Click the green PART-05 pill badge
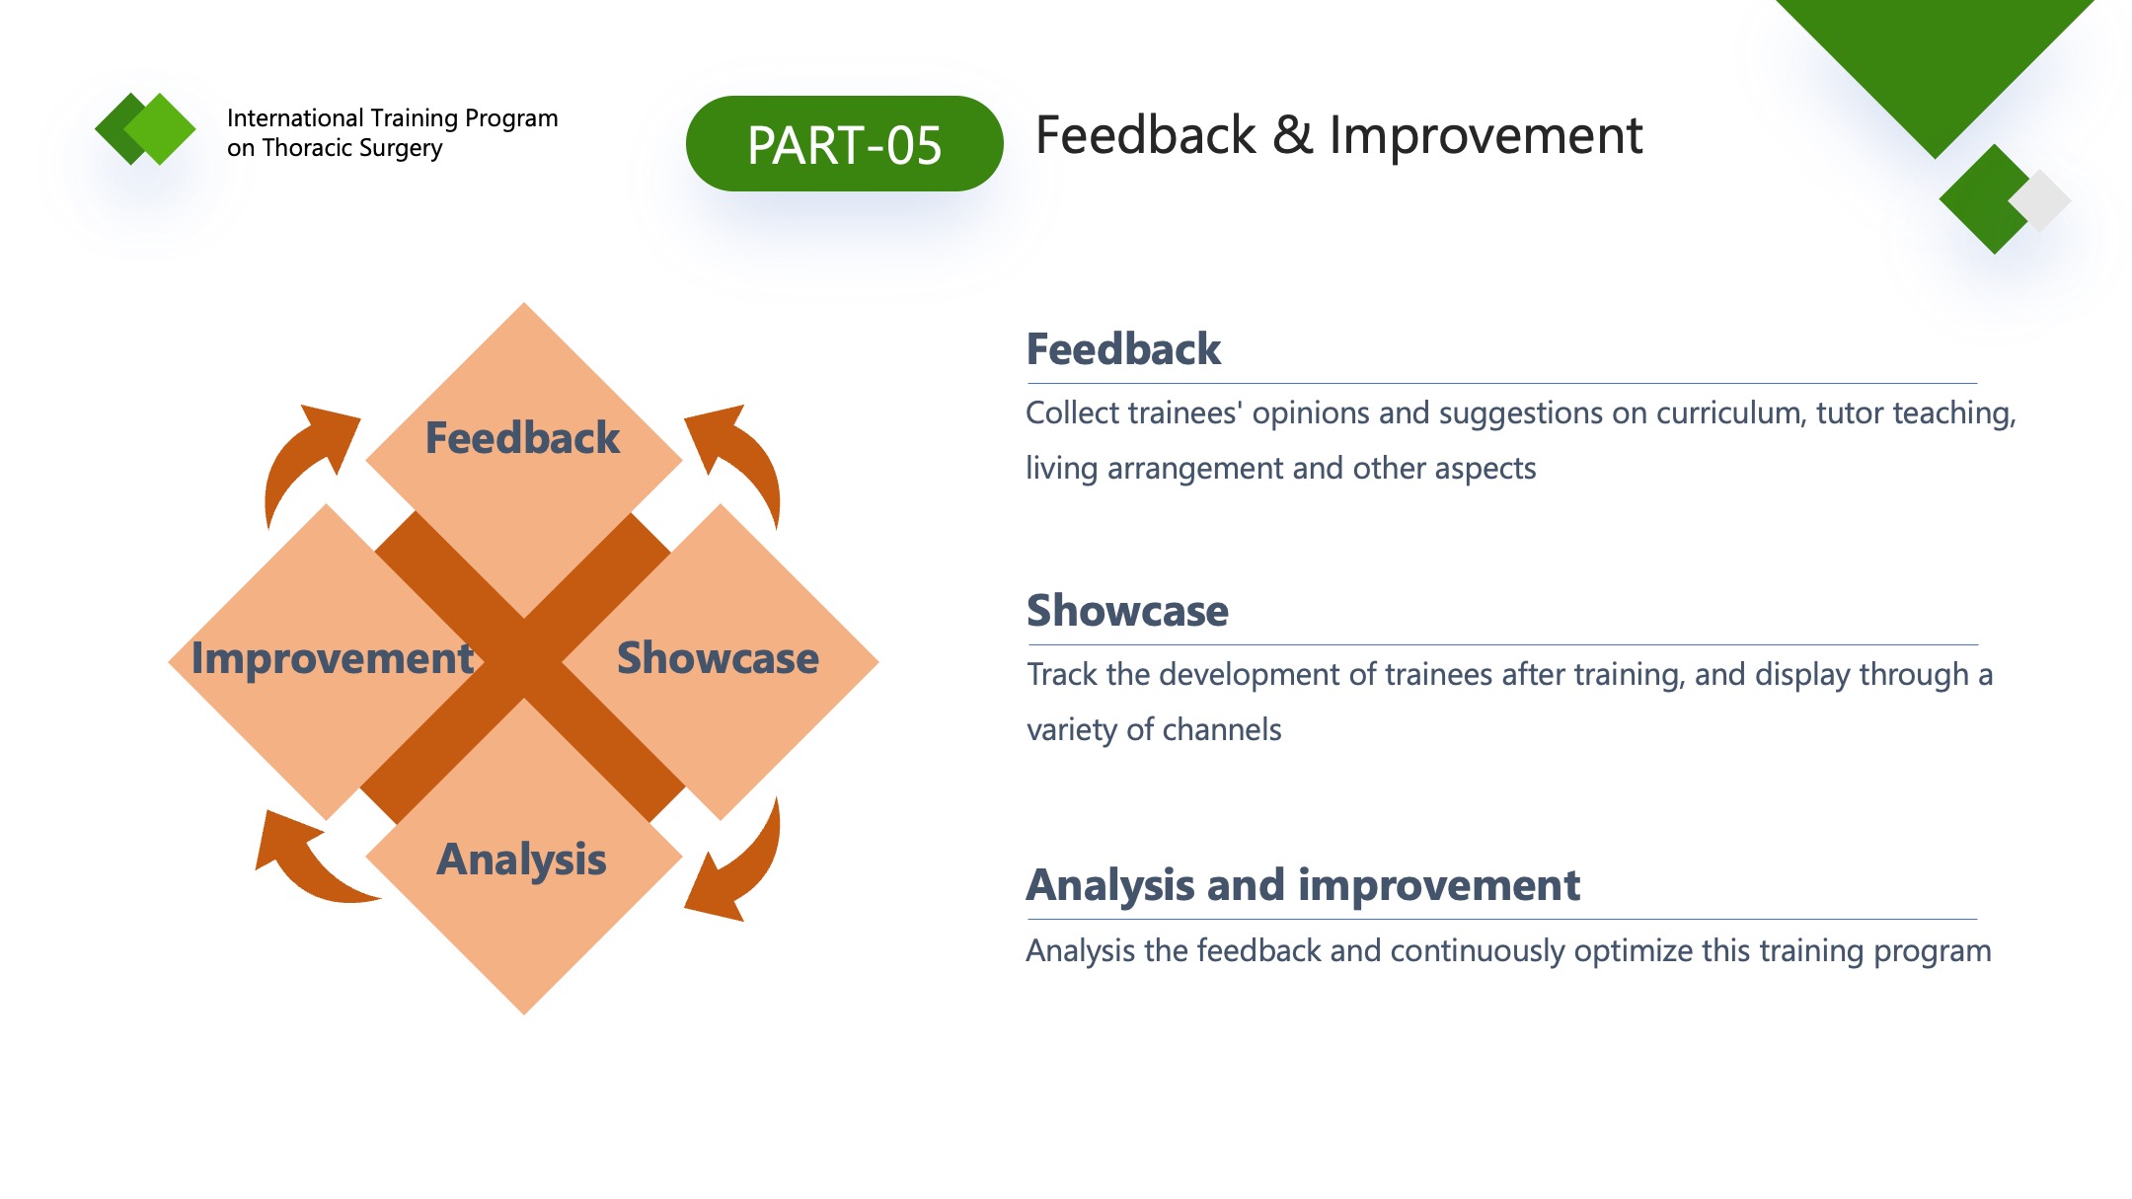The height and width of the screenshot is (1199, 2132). (x=844, y=144)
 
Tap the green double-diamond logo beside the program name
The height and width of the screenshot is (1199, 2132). (x=145, y=128)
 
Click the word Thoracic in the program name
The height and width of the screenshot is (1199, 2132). (x=305, y=148)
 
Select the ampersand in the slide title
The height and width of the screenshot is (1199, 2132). (x=1292, y=135)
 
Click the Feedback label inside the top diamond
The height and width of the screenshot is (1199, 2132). (x=522, y=437)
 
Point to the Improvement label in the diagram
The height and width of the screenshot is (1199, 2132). (x=333, y=658)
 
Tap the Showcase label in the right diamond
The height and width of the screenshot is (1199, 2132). (x=718, y=657)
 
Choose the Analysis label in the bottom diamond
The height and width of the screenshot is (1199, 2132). (x=521, y=860)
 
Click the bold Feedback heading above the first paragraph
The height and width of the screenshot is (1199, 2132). (x=1123, y=349)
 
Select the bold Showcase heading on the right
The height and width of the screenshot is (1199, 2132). (x=1127, y=611)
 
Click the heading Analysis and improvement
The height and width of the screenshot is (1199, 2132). (x=1303, y=885)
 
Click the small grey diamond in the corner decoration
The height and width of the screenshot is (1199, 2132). (x=2039, y=200)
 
